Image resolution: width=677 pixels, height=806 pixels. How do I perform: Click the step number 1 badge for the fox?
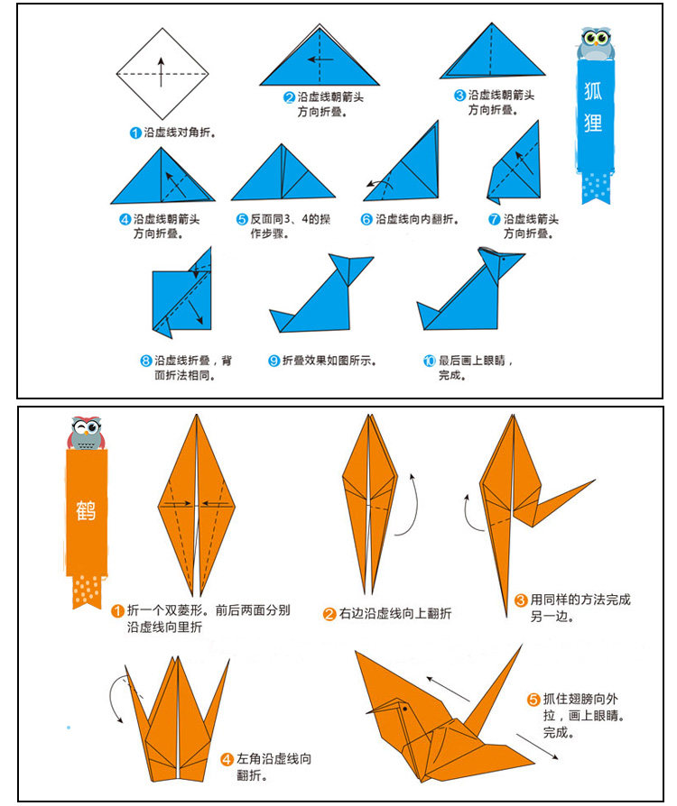pos(136,133)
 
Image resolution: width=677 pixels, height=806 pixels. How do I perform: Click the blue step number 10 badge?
pos(430,361)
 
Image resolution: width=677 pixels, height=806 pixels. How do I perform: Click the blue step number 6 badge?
pos(367,219)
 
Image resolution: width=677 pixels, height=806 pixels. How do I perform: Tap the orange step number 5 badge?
pos(533,700)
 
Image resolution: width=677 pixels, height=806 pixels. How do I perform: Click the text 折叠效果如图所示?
pos(329,361)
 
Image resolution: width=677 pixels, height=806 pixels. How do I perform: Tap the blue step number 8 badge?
pos(145,361)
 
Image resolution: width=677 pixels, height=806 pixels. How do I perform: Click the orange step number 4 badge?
pos(227,760)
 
